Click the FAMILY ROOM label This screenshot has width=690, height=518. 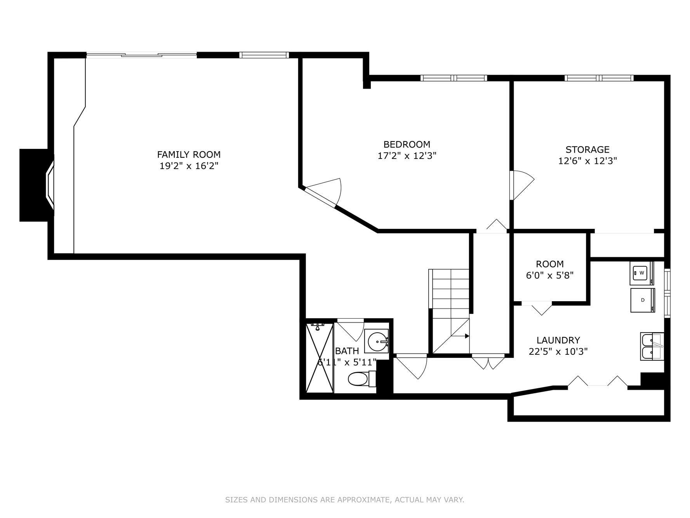(x=189, y=154)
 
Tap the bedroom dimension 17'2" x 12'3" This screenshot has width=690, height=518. (x=407, y=156)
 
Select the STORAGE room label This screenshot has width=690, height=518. (x=587, y=150)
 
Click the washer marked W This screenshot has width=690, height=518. (x=641, y=273)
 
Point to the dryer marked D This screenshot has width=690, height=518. (x=642, y=300)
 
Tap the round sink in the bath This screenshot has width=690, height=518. (x=376, y=342)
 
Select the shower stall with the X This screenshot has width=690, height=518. (x=320, y=358)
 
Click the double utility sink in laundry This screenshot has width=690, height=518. (x=651, y=347)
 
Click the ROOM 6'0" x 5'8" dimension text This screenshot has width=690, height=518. (x=549, y=276)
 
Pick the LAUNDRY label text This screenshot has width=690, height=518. (x=558, y=340)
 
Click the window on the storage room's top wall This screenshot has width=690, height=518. (x=599, y=78)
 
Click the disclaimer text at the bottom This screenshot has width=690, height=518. (x=344, y=499)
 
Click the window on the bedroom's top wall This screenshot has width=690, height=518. (x=454, y=78)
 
